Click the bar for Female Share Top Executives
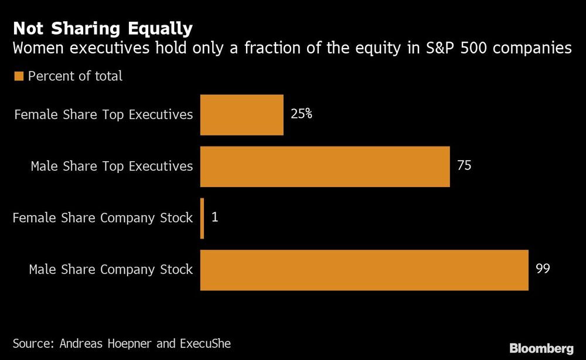pos(241,115)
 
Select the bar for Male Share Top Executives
pos(325,167)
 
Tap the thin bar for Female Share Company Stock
pos(202,218)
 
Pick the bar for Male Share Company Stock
pos(364,270)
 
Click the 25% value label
pos(301,114)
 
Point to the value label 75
pos(464,166)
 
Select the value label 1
pos(214,218)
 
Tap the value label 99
pos(543,269)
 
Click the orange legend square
pos(18,76)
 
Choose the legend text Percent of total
pos(75,76)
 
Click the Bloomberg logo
pos(541,348)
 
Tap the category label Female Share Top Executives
pos(103,114)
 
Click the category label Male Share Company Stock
pos(111,270)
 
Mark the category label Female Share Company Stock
pos(103,218)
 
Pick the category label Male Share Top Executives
pos(111,167)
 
